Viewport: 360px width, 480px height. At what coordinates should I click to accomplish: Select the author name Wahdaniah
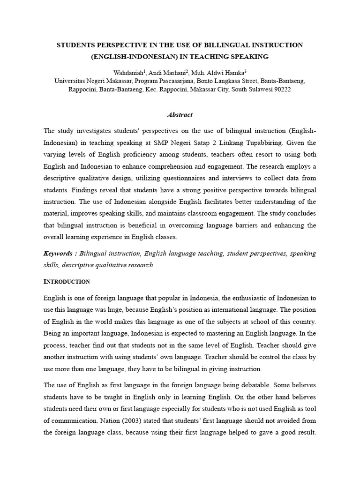(129, 73)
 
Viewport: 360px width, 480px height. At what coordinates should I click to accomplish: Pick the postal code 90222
(281, 89)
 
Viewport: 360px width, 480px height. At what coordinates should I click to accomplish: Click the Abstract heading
(180, 115)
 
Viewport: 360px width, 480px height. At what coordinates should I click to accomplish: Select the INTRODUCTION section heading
(67, 282)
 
